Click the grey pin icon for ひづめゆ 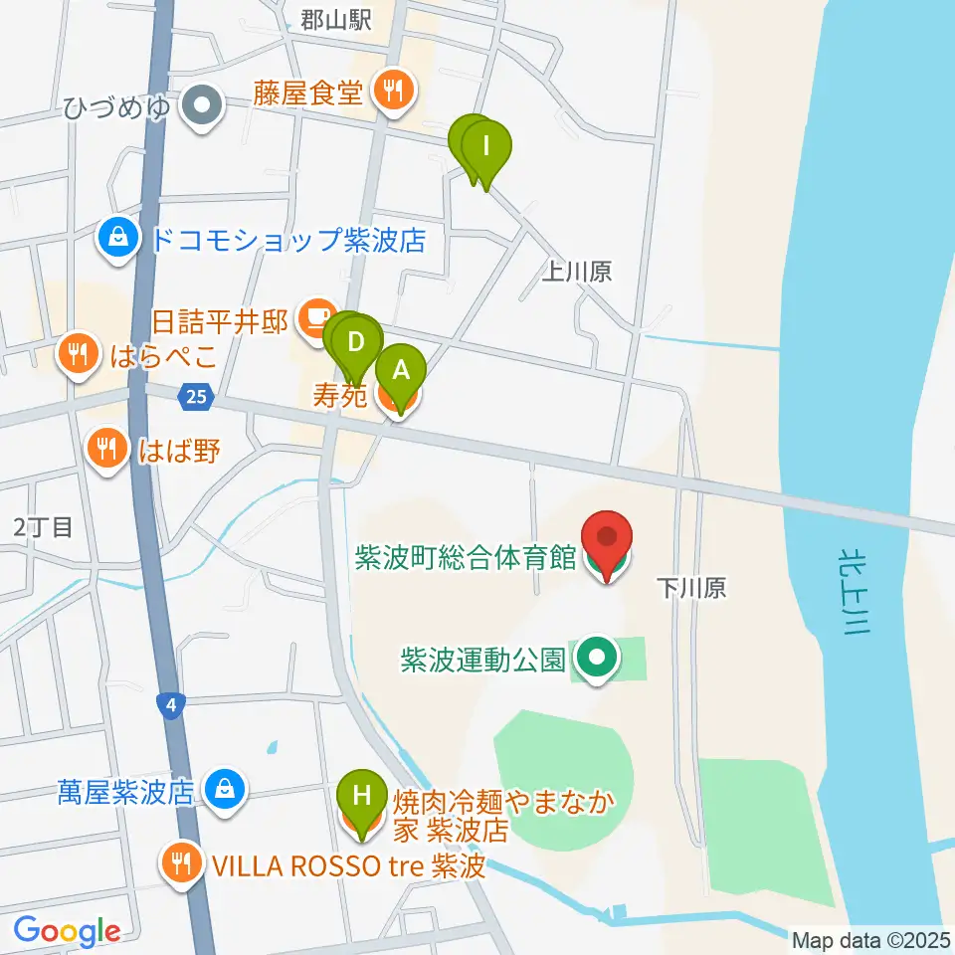pyautogui.click(x=203, y=104)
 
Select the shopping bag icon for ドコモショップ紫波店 pyautogui.click(x=118, y=239)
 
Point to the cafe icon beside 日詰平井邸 pyautogui.click(x=316, y=317)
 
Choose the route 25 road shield pyautogui.click(x=196, y=398)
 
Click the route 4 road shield pyautogui.click(x=172, y=705)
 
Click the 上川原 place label pyautogui.click(x=576, y=272)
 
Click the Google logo pyautogui.click(x=67, y=931)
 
